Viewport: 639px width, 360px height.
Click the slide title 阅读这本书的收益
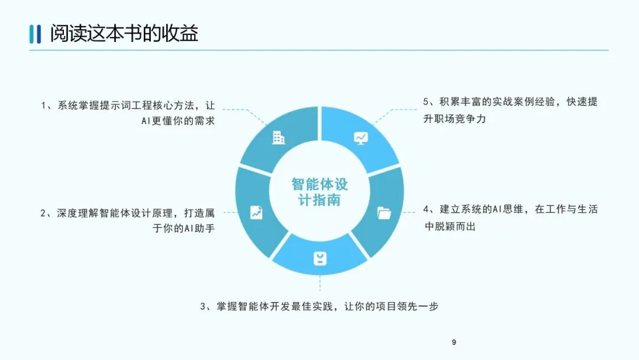coord(124,33)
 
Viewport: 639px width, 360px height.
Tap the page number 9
coord(454,342)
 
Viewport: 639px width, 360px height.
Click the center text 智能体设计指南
coord(319,192)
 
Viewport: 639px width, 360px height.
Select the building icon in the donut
coord(278,138)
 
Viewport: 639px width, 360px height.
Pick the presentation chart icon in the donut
coord(360,138)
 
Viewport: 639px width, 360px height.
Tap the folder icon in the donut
coord(384,213)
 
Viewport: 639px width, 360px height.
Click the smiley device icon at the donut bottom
coord(319,258)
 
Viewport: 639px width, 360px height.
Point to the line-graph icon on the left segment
coord(256,212)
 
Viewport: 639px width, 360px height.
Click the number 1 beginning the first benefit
coord(43,106)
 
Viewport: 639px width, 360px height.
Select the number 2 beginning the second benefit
coord(43,213)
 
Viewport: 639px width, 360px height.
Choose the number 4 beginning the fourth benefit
coord(426,210)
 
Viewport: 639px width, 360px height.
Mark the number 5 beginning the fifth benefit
coord(426,102)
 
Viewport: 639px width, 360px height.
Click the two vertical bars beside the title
coord(35,34)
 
